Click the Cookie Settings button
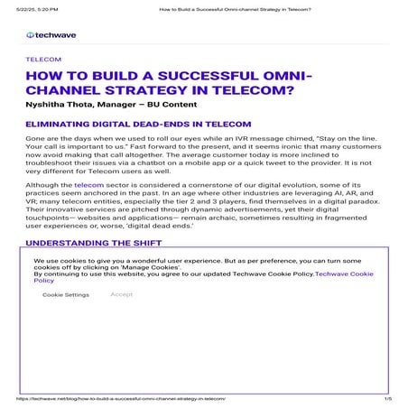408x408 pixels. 65,294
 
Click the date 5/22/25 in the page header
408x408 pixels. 18,5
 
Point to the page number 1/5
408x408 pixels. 388,397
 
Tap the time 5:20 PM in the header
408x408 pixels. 45,5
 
